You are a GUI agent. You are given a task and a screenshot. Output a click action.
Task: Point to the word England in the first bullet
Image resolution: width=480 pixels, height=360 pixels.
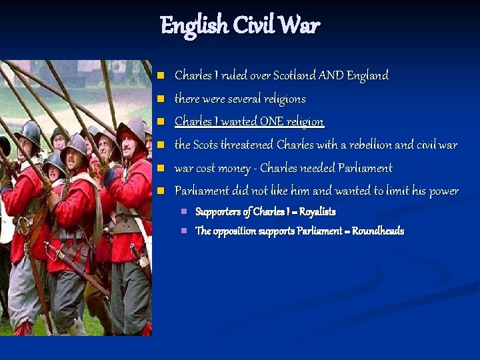tap(367, 75)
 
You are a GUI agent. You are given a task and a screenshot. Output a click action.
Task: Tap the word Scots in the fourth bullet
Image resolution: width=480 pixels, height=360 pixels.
tap(208, 145)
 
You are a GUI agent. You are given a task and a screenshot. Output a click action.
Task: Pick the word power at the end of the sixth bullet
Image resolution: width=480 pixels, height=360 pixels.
tap(444, 191)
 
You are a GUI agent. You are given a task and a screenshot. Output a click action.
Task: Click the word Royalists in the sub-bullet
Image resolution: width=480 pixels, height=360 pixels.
tap(317, 212)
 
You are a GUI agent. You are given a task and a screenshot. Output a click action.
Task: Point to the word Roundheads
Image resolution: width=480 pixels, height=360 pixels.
tap(377, 231)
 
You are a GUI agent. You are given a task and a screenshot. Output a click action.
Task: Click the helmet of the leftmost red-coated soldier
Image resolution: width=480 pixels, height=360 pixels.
tap(29, 131)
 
